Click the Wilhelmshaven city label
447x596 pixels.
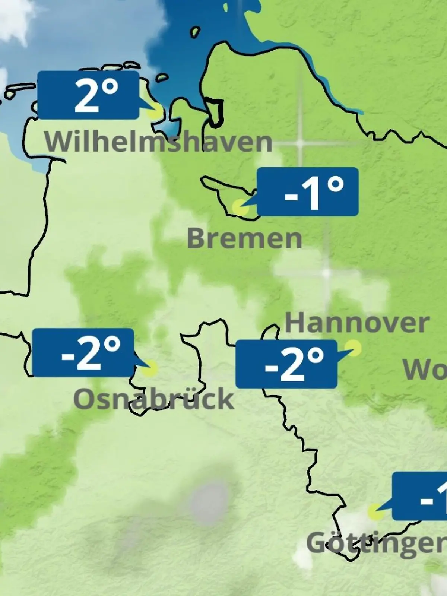pos(158,142)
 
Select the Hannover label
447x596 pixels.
pos(357,323)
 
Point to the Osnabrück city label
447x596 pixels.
pos(153,399)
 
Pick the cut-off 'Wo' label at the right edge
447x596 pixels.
pos(425,370)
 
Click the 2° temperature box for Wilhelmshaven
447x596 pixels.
pos(88,95)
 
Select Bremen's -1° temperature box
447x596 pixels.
pos(308,192)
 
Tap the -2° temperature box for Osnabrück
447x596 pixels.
pos(83,352)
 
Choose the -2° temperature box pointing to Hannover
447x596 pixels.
pos(286,364)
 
